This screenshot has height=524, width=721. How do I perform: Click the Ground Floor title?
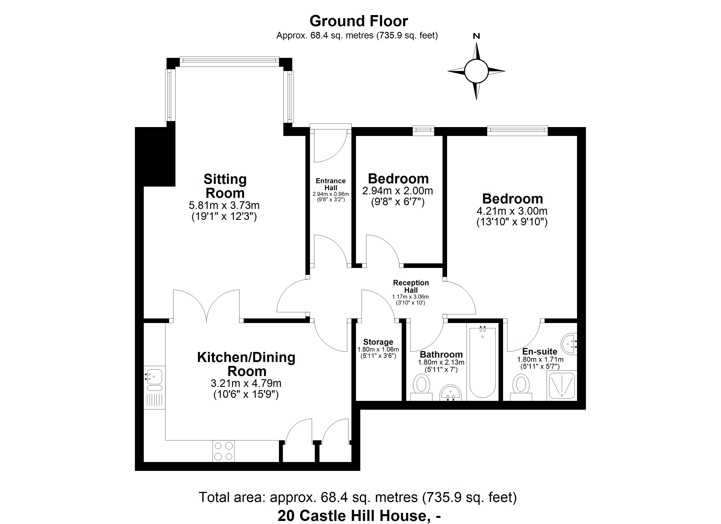click(x=358, y=21)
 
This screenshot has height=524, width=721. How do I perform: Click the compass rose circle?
click(x=476, y=71)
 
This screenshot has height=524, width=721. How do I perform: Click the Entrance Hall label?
click(x=331, y=184)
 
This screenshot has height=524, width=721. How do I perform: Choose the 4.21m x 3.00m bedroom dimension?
click(x=512, y=211)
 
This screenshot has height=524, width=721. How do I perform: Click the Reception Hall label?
click(x=411, y=286)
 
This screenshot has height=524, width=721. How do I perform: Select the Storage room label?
click(x=378, y=342)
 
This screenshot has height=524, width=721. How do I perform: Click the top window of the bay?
click(x=229, y=61)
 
